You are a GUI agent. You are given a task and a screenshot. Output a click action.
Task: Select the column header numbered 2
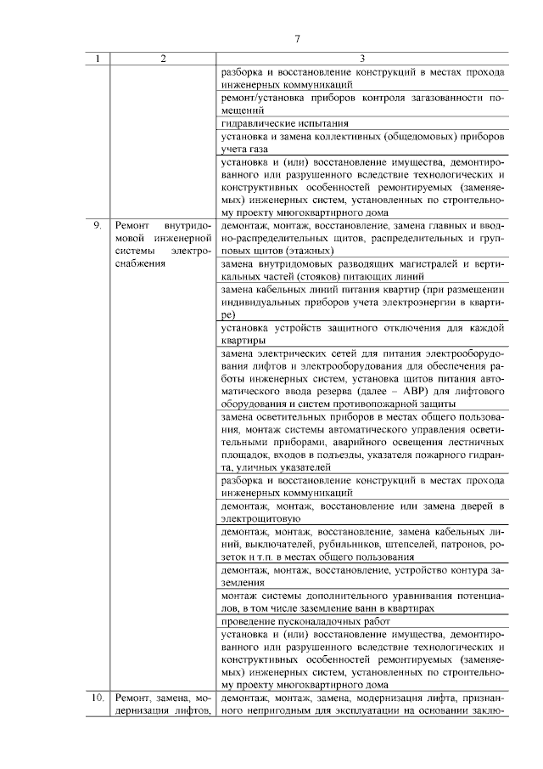click(x=163, y=59)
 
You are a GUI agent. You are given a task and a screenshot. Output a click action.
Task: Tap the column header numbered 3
click(x=362, y=59)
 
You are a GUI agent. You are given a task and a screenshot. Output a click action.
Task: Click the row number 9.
click(x=98, y=227)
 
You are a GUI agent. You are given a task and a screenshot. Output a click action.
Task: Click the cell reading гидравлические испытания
click(x=272, y=123)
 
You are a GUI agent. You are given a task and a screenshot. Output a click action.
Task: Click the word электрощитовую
click(x=258, y=517)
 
